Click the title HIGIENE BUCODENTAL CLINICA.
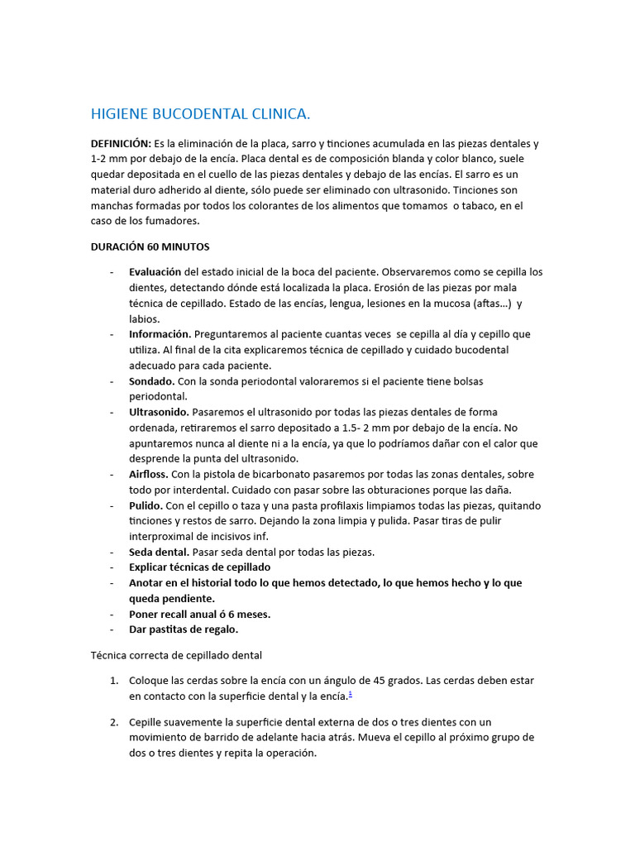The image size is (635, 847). tap(200, 114)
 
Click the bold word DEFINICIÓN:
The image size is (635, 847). tap(121, 143)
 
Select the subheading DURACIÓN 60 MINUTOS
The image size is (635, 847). tap(150, 246)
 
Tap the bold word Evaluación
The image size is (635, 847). tap(155, 272)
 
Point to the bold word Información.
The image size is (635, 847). tap(160, 334)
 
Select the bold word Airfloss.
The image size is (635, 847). tap(149, 475)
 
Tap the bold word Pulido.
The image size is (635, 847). tap(146, 505)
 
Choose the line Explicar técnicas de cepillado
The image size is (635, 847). tap(200, 567)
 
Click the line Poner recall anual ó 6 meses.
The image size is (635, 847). tap(200, 615)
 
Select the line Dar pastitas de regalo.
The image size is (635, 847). tap(184, 629)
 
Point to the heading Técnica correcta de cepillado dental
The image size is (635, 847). tap(176, 655)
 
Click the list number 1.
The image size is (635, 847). tap(113, 681)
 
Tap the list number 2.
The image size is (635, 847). tap(113, 722)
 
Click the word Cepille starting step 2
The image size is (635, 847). tap(149, 722)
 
